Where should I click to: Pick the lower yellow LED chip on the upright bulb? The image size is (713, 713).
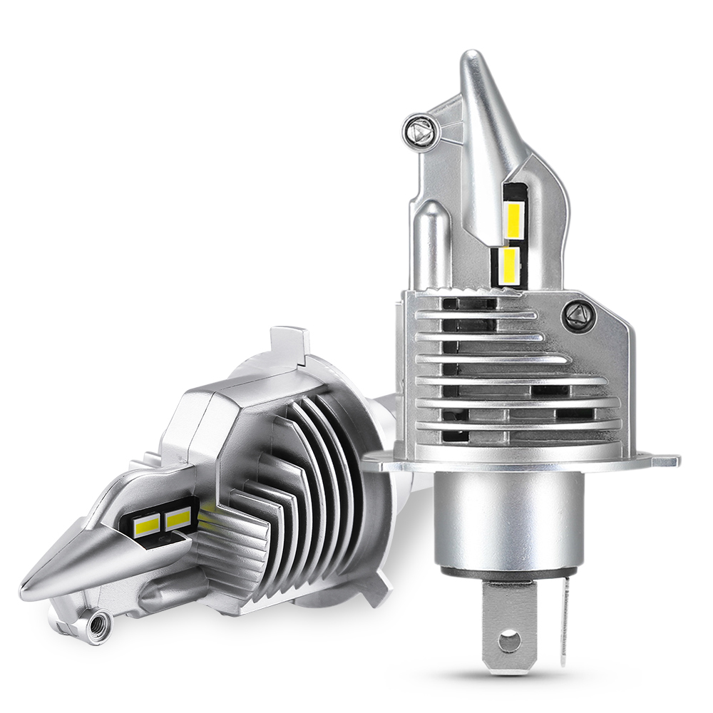click(509, 264)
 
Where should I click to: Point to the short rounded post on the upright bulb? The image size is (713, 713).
click(432, 242)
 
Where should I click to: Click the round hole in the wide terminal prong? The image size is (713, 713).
click(509, 641)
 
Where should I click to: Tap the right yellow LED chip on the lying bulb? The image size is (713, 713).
click(178, 518)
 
